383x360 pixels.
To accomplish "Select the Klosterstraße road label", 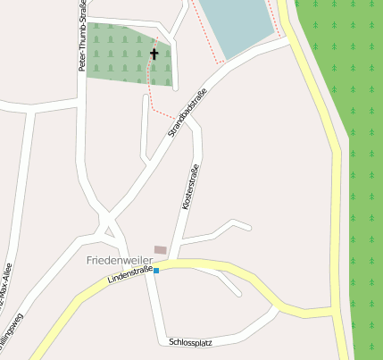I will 187,187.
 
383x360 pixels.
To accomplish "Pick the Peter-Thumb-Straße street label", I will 83,38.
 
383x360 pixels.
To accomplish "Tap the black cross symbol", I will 154,54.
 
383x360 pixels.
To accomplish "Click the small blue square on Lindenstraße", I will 156,270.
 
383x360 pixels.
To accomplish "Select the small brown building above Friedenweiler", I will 160,249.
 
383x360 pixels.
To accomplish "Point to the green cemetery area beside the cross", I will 116,57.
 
